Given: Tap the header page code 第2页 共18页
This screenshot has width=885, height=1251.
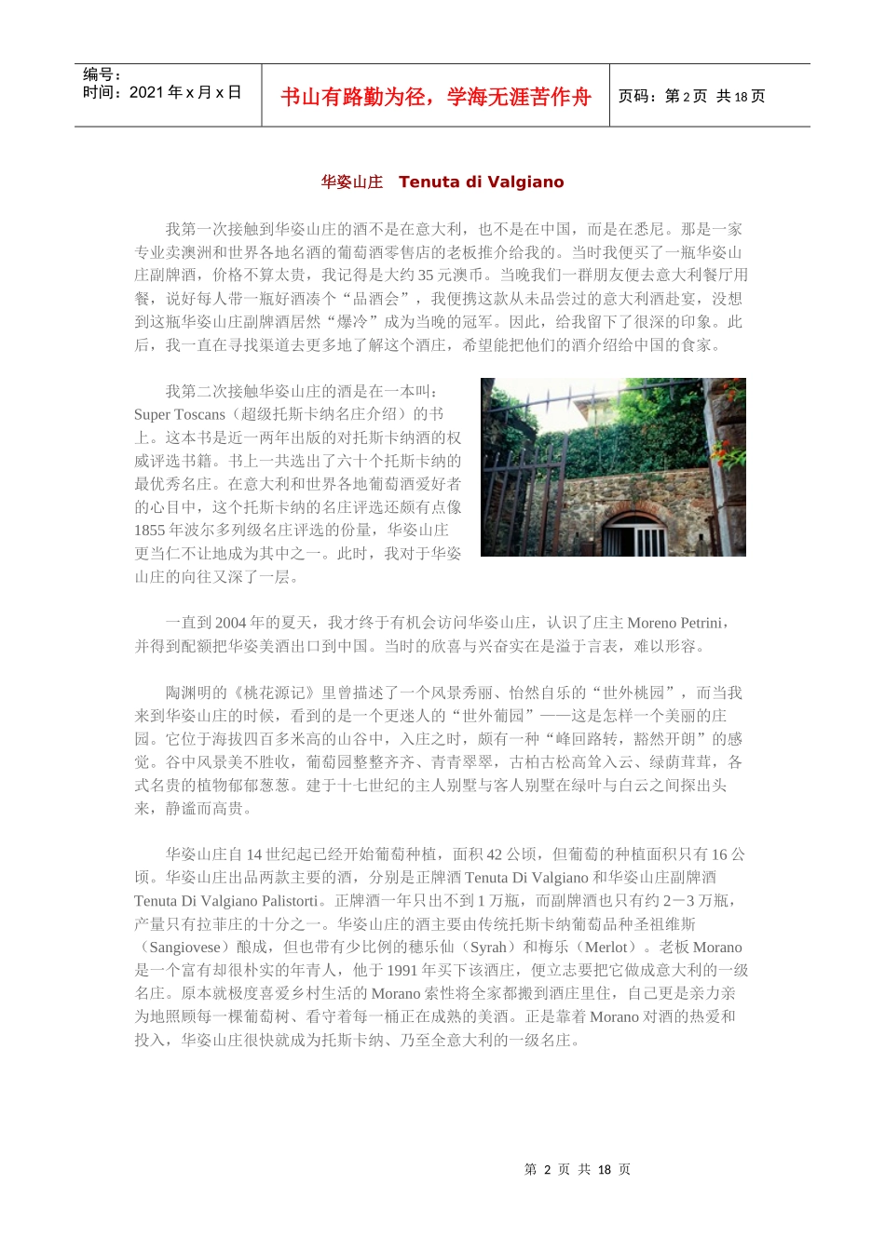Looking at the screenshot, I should (x=691, y=97).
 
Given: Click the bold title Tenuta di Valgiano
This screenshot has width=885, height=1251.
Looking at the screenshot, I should (x=481, y=182).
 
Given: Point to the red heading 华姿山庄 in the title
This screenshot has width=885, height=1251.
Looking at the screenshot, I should (x=352, y=182).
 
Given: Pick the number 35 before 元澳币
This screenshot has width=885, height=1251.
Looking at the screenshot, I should (x=426, y=276).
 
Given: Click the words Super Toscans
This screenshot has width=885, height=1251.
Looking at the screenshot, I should (x=180, y=415).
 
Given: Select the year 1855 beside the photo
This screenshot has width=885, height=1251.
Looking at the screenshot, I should (x=150, y=531).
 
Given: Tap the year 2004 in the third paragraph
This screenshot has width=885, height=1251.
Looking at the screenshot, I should (x=230, y=624).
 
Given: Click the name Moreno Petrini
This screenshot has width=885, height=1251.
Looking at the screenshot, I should (x=674, y=624).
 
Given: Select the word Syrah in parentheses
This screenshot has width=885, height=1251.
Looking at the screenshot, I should (x=488, y=948).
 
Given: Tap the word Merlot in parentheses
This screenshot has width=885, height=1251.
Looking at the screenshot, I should (x=606, y=948).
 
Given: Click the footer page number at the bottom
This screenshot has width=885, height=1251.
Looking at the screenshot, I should (x=578, y=1170).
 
